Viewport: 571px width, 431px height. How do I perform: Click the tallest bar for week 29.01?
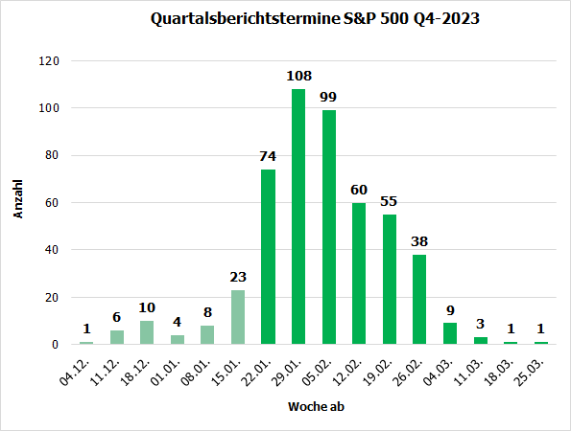pos(298,216)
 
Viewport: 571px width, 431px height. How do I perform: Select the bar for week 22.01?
pos(268,257)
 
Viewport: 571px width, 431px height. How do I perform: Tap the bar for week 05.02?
pos(329,227)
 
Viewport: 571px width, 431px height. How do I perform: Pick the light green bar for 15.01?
pos(238,317)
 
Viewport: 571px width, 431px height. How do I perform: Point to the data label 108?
pos(298,76)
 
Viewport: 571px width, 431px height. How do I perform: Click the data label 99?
pos(329,97)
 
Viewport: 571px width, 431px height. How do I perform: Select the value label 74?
pos(268,156)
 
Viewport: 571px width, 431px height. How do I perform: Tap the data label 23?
pos(238,277)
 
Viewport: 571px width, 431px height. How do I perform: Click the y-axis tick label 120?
pos(49,61)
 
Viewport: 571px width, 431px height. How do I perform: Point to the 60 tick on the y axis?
pos(52,203)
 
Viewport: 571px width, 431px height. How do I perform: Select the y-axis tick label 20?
pos(52,298)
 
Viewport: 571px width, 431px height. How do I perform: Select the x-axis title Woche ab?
pos(314,407)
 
